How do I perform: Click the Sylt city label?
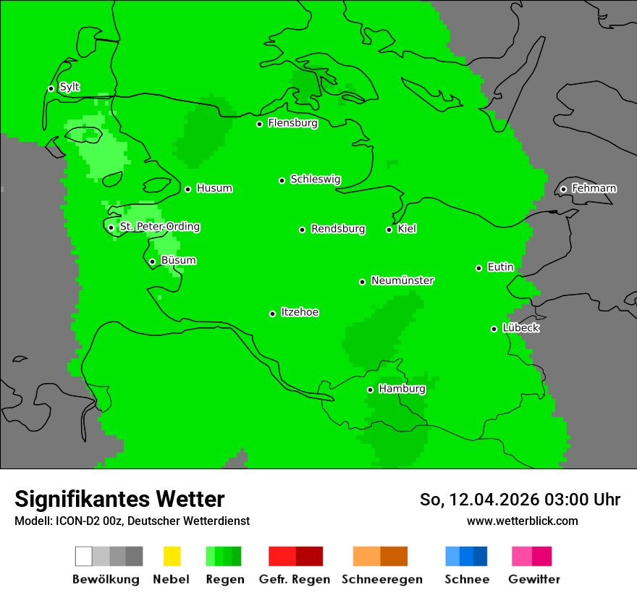tap(69, 87)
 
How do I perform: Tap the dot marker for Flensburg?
tap(259, 124)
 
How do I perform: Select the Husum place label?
tap(214, 188)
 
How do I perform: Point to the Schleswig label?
tap(315, 179)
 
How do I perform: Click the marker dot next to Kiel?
tap(389, 230)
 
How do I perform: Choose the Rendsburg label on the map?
tap(338, 229)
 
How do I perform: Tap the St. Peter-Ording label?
tap(159, 227)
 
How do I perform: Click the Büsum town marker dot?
tap(152, 261)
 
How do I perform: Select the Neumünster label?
tap(402, 280)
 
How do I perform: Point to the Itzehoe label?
tap(300, 312)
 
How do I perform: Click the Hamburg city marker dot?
tap(370, 390)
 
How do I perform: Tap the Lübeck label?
tap(520, 328)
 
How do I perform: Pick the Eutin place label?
tap(500, 267)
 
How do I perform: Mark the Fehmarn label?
tap(594, 188)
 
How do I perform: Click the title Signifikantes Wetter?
tap(119, 499)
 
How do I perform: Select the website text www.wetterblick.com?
tap(522, 521)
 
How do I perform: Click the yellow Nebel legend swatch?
tap(172, 556)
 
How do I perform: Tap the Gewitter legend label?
tap(533, 579)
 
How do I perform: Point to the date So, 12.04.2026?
tap(478, 500)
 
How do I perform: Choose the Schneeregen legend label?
tap(381, 579)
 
